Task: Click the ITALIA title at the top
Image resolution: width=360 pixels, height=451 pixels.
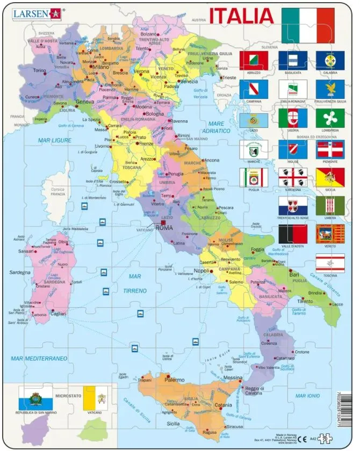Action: (241, 16)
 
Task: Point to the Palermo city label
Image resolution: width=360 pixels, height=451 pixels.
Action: (174, 380)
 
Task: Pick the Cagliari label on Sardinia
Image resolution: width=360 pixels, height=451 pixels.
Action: (58, 313)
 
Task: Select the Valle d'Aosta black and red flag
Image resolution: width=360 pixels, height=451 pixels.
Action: (293, 235)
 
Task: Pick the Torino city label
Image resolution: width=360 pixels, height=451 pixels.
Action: (40, 70)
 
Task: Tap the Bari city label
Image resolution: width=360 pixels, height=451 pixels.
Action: (294, 274)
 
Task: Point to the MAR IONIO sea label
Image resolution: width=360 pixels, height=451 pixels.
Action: (307, 396)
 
